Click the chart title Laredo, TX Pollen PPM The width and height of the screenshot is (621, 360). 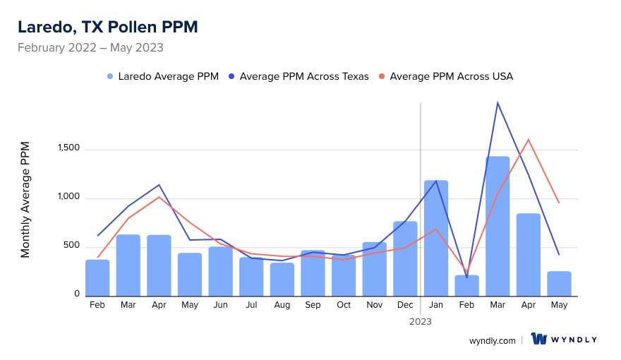click(107, 28)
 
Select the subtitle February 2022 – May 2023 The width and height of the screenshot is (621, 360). click(90, 48)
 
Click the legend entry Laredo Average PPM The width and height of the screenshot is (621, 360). click(163, 76)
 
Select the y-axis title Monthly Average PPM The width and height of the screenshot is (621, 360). click(25, 200)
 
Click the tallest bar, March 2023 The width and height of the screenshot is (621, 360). click(498, 226)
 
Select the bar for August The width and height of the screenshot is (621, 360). click(282, 279)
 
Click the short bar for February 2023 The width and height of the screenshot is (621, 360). click(466, 285)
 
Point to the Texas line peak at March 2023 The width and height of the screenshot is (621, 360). click(498, 103)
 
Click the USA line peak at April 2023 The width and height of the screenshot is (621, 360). click(528, 139)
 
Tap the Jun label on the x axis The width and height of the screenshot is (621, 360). click(221, 305)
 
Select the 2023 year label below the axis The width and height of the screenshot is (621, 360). click(421, 321)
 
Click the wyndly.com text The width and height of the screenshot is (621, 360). click(492, 340)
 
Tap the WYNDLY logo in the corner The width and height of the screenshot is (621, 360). click(564, 340)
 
